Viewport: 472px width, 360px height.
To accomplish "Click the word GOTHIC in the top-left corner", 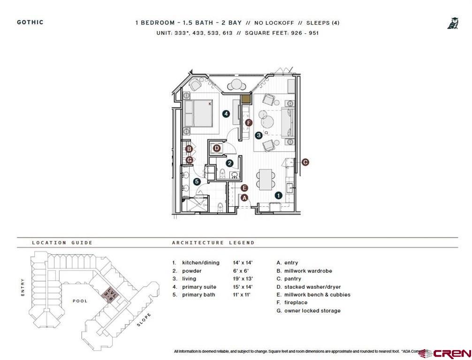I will point(30,22).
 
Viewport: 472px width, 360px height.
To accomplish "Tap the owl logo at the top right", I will point(452,23).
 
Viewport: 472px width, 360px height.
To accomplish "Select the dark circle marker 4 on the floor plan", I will point(226,113).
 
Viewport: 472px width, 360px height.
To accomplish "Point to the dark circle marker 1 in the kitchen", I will point(278,195).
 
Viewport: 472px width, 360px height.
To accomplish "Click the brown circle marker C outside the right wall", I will point(305,162).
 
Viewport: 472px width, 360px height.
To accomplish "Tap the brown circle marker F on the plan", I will point(249,123).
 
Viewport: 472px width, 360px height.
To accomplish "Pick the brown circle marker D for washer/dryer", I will point(217,148).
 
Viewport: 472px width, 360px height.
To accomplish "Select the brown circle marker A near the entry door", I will point(244,198).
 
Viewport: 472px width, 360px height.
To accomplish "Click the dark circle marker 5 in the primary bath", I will point(197,181).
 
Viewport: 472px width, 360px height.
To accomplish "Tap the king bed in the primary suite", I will point(199,113).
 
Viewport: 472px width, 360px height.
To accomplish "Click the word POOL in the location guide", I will point(79,301).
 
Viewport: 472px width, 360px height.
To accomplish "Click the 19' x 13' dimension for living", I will point(243,279).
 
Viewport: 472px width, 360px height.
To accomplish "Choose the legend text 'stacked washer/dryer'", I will point(312,287).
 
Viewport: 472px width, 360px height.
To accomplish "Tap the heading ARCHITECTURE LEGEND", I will point(213,243).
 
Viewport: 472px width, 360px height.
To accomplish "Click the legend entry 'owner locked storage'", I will point(312,311).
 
